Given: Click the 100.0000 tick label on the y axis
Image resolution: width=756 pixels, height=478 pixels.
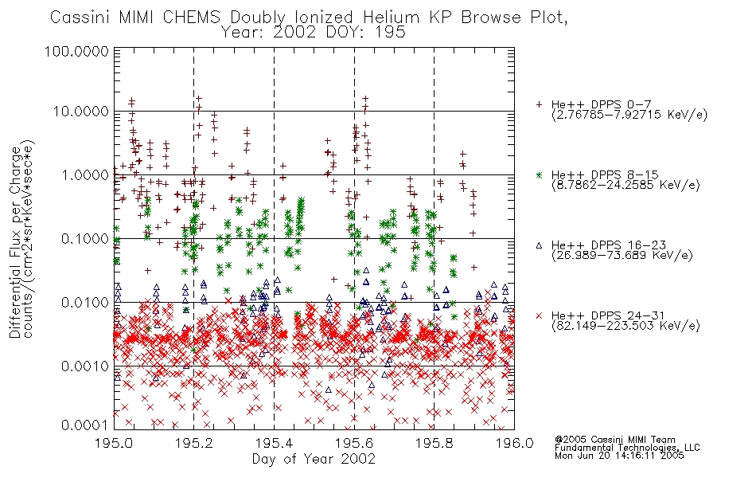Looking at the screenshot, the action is click(x=76, y=51).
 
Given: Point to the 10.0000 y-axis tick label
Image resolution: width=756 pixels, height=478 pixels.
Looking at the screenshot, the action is click(x=80, y=112).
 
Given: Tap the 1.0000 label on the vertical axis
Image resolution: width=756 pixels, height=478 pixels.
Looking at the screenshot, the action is click(x=85, y=174).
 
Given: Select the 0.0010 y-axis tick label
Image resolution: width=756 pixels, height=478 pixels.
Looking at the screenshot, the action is click(x=85, y=366).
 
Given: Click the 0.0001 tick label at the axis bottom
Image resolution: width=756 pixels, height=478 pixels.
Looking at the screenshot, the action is click(x=85, y=425).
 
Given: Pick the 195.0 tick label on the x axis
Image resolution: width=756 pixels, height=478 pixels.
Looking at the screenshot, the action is click(x=115, y=443).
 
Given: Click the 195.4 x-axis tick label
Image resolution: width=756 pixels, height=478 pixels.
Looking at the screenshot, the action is click(x=274, y=443).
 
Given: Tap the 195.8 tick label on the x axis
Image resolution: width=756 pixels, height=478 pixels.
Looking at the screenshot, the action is click(x=434, y=443).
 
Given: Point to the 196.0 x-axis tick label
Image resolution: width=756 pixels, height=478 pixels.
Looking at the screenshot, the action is click(x=514, y=443).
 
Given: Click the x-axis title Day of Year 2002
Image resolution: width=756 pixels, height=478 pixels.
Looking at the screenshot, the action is click(x=314, y=459).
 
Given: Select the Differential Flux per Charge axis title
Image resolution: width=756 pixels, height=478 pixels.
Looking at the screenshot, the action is click(x=16, y=241).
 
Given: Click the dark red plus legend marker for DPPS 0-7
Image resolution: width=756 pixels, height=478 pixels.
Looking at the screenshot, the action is click(x=539, y=104).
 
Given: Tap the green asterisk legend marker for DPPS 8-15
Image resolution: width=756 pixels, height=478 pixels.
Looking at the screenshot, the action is click(x=539, y=174).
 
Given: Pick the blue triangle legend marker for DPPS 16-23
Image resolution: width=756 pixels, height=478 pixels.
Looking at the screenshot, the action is click(x=539, y=245).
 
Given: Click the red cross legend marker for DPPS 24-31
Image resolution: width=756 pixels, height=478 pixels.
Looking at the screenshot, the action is click(x=539, y=315).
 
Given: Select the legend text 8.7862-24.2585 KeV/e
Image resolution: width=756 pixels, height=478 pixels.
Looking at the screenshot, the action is click(x=625, y=185).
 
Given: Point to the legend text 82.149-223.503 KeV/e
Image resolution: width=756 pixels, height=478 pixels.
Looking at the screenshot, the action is click(x=625, y=326).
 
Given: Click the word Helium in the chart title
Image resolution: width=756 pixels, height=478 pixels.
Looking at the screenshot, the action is click(x=392, y=18).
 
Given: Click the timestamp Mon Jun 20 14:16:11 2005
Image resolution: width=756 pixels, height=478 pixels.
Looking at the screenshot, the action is click(x=619, y=456).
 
